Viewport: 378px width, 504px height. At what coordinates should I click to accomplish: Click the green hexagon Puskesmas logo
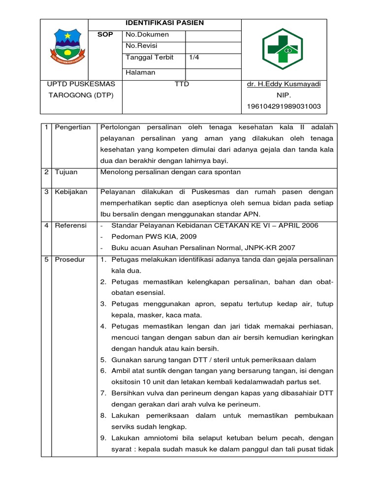282,48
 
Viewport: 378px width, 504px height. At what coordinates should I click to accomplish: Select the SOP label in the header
105,34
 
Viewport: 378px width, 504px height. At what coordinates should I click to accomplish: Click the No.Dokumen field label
147,34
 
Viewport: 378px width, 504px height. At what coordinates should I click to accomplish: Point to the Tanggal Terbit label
150,58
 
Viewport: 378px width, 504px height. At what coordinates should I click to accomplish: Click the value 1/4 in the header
194,58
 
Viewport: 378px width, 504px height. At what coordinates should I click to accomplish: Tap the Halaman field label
140,73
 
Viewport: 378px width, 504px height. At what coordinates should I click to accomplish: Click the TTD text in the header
182,84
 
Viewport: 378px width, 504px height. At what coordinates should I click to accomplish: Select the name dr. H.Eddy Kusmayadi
283,84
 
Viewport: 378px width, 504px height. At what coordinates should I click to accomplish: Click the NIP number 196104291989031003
283,106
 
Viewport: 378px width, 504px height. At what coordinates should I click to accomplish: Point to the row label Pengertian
72,127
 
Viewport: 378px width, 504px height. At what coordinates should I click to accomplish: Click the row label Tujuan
66,172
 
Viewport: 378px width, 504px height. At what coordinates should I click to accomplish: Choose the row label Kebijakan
71,192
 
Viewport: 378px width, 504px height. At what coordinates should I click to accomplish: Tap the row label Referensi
70,225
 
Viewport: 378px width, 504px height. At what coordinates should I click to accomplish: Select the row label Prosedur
69,259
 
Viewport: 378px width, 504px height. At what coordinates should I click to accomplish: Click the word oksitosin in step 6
127,382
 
